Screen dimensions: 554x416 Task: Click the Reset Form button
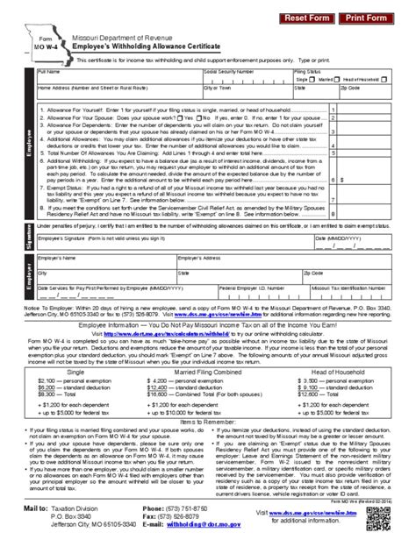pyautogui.click(x=305, y=18)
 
